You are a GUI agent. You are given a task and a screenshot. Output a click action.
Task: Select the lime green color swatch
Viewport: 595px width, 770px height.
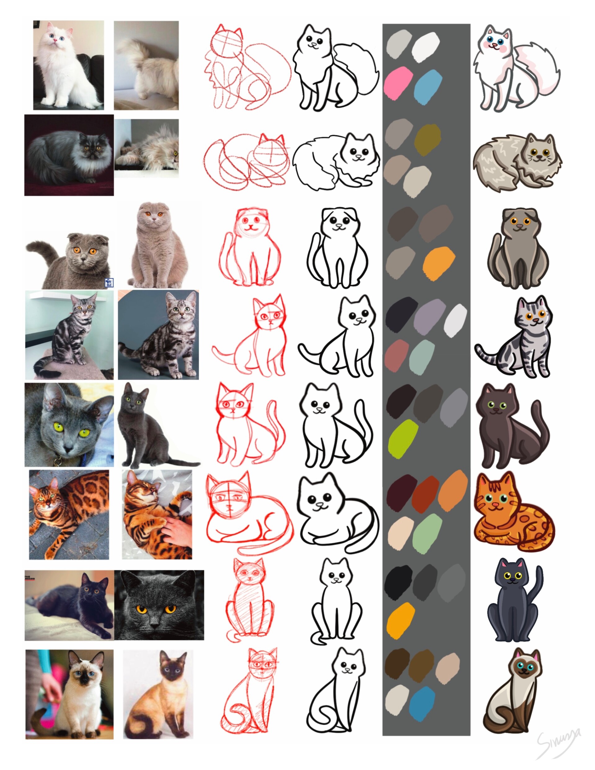click(x=403, y=438)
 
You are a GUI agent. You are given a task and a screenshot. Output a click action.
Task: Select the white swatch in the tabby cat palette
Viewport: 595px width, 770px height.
click(x=455, y=320)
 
